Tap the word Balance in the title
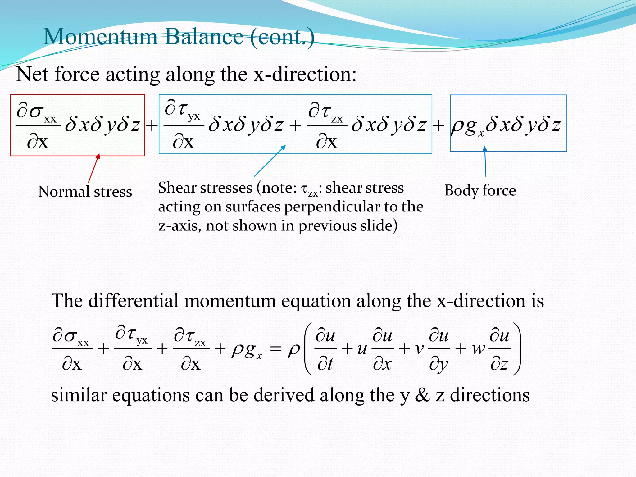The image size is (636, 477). click(x=204, y=37)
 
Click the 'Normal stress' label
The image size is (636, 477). click(x=85, y=191)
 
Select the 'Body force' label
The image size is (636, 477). click(x=480, y=190)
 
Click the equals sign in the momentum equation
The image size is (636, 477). click(x=275, y=349)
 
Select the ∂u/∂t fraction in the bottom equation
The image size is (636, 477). click(x=325, y=349)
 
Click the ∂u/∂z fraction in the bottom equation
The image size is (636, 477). click(x=499, y=349)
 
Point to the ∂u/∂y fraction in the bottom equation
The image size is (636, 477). click(x=439, y=349)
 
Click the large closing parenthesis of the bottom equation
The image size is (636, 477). click(x=516, y=349)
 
